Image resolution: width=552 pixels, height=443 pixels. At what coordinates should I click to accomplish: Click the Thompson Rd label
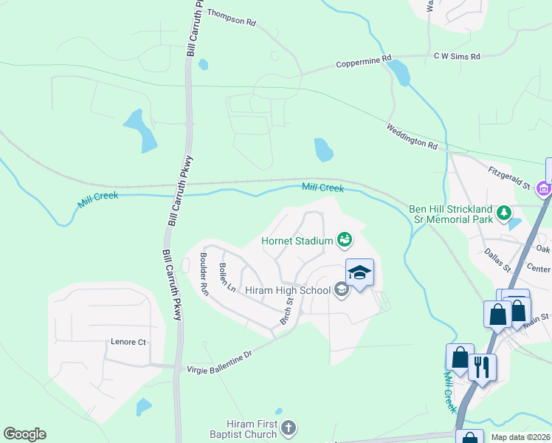[230, 18]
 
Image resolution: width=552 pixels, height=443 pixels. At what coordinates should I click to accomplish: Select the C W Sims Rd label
[457, 56]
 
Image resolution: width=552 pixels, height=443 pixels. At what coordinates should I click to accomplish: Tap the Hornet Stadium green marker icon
[344, 238]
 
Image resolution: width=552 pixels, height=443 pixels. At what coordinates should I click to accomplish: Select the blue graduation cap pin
[359, 274]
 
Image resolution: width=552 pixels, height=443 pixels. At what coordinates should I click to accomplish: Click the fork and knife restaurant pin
[482, 367]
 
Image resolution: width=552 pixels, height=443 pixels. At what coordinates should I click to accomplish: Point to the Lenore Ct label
[128, 342]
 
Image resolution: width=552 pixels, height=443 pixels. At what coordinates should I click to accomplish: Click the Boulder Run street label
[204, 274]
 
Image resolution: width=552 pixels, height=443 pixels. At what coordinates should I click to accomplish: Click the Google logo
[24, 434]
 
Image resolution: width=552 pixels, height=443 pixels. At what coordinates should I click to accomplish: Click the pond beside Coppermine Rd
[399, 72]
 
